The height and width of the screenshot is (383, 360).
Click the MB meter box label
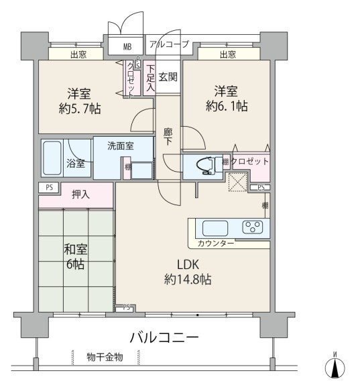[127, 46]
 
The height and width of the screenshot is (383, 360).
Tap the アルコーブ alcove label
[169, 44]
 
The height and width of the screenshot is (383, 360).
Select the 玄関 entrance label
[168, 77]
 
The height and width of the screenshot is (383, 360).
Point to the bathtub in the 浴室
[52, 158]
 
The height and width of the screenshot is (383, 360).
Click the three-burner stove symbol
[253, 227]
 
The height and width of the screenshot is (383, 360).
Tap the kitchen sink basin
[215, 228]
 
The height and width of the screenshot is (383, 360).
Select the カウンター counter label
[216, 243]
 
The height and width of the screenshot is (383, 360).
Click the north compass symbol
[335, 366]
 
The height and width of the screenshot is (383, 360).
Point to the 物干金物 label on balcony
[105, 357]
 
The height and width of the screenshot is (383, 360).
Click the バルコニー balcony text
[164, 337]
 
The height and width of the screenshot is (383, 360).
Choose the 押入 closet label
[80, 195]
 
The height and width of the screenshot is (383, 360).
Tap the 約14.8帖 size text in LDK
[188, 279]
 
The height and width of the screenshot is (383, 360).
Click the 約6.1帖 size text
[227, 106]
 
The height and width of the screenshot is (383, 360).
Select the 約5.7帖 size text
[80, 109]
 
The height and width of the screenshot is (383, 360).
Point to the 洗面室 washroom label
[121, 146]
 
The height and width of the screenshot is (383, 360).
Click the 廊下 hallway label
[168, 137]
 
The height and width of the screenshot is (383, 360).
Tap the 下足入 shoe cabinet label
[151, 78]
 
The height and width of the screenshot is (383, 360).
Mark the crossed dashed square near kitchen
[238, 182]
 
